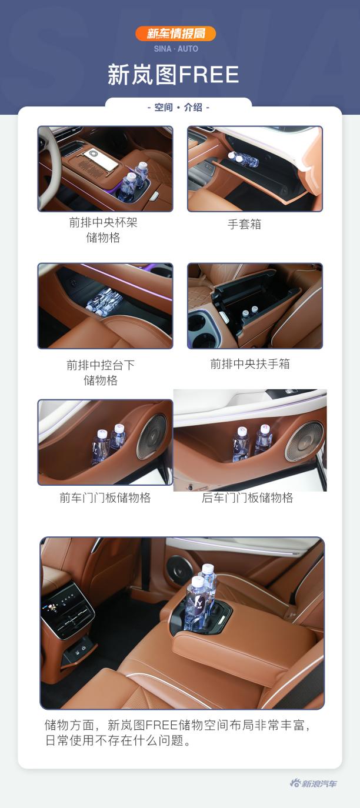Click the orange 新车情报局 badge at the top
tap(175, 34)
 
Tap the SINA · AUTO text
tap(176, 49)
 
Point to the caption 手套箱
tap(244, 224)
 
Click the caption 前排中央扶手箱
tap(250, 364)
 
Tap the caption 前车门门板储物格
tap(105, 498)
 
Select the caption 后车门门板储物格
tap(247, 498)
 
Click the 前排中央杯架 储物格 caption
tap(103, 230)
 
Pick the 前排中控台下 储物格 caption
tap(101, 372)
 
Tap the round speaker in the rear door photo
tap(304, 441)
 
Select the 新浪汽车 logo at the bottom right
tap(314, 783)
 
